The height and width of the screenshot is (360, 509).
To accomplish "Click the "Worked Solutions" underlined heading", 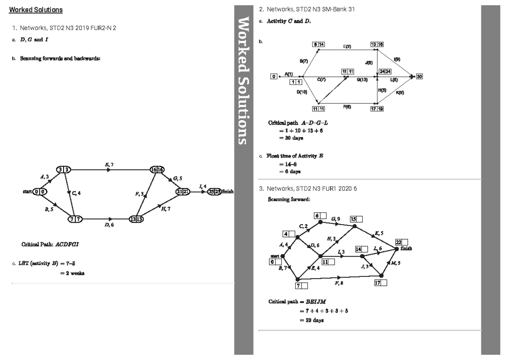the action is (x=36, y=10).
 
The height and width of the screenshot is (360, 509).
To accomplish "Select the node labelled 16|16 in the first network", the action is (x=156, y=170).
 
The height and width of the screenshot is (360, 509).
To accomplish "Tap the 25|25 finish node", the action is (x=215, y=192).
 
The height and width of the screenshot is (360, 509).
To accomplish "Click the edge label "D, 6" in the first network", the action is (x=109, y=225).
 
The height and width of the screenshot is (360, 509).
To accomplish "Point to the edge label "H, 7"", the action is (x=166, y=208).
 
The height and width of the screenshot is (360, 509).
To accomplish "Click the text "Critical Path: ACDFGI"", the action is (x=50, y=245).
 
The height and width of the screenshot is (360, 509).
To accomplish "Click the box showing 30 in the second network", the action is (x=419, y=76).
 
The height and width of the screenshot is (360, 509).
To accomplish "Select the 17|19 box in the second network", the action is (x=377, y=109).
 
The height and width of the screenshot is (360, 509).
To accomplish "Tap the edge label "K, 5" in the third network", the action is (x=379, y=233).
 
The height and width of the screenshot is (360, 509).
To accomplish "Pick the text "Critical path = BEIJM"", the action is (x=296, y=302).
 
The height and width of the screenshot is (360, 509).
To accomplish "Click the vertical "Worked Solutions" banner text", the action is (x=244, y=81).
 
